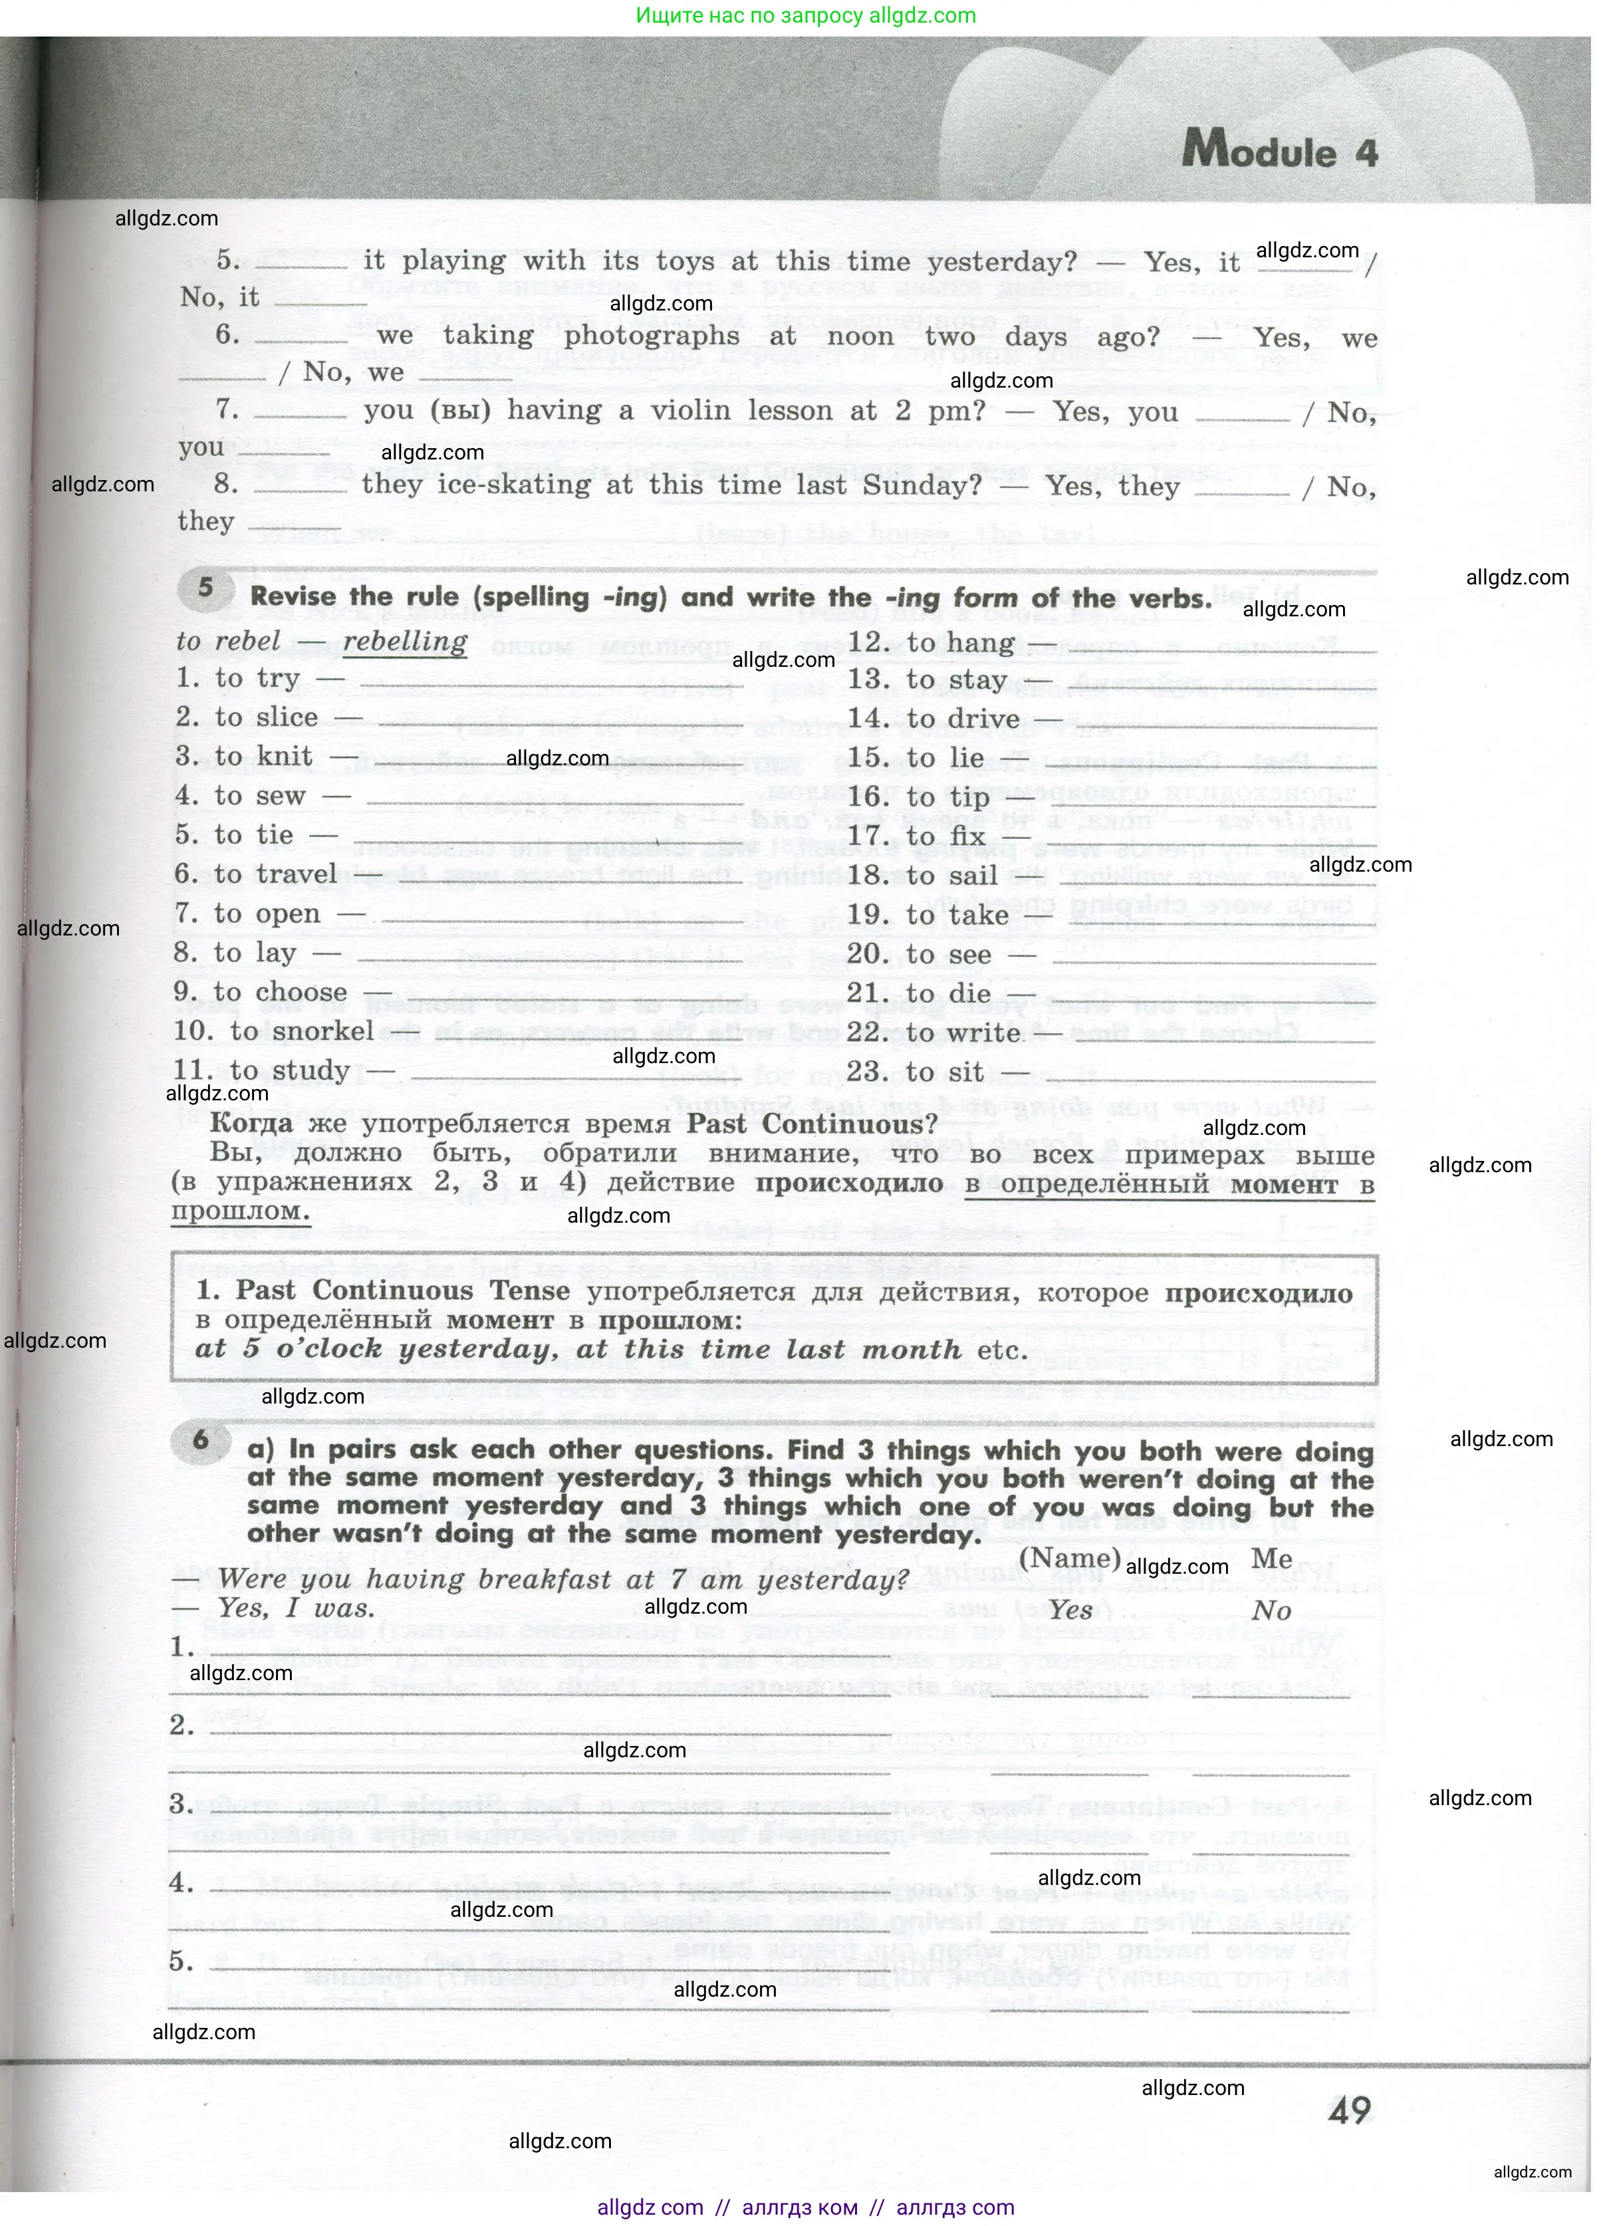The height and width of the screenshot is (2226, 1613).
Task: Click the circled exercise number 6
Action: pyautogui.click(x=201, y=1441)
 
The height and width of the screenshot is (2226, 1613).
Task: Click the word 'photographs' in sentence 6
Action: pyautogui.click(x=652, y=336)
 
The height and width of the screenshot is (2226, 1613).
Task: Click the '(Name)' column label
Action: pyautogui.click(x=1070, y=1558)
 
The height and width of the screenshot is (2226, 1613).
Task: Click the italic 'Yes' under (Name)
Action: pyautogui.click(x=1070, y=1610)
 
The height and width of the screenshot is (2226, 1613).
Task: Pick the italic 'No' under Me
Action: pyautogui.click(x=1271, y=1610)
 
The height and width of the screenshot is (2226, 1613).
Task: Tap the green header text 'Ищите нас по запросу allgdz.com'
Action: pyautogui.click(x=806, y=16)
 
